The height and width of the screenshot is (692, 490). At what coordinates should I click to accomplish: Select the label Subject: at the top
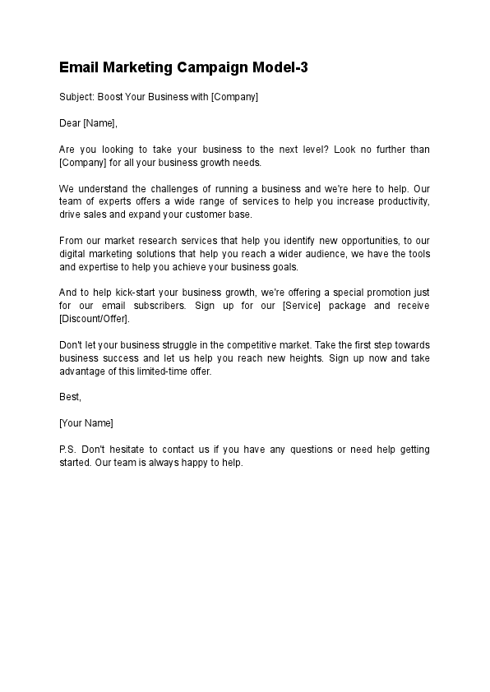(x=77, y=97)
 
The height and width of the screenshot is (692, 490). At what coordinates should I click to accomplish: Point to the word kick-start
(x=117, y=293)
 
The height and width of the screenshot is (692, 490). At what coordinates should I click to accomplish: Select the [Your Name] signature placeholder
(x=86, y=423)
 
